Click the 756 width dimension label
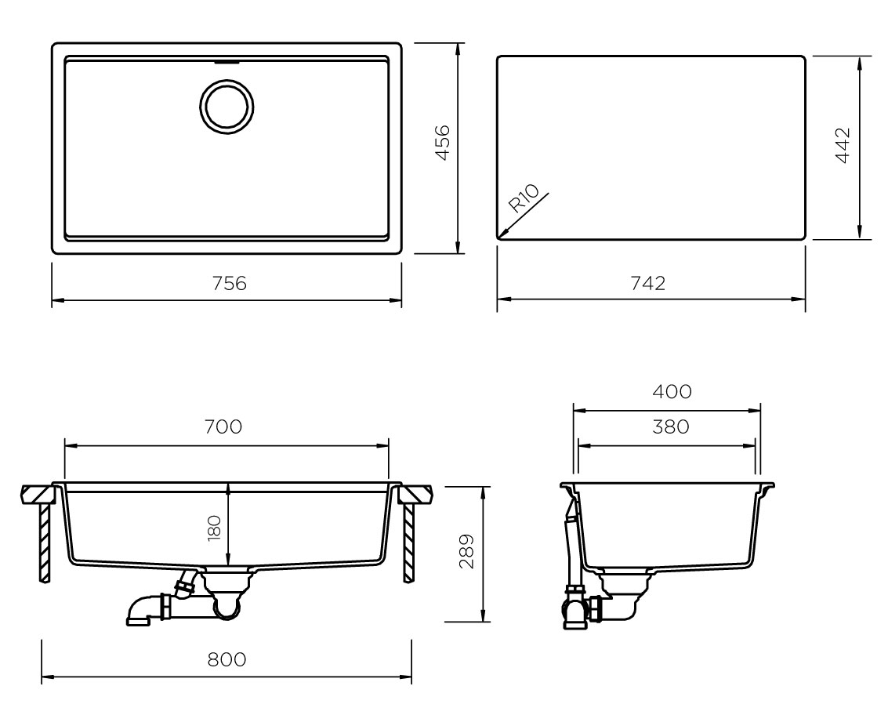pyautogui.click(x=230, y=283)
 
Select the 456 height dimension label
pyautogui.click(x=442, y=142)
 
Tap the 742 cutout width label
pyautogui.click(x=648, y=283)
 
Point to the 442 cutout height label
pyautogui.click(x=843, y=145)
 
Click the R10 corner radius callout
pyautogui.click(x=524, y=198)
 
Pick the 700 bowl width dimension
pyautogui.click(x=223, y=426)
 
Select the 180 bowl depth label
pyautogui.click(x=214, y=528)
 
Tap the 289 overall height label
pyautogui.click(x=466, y=550)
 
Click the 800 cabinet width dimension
pyautogui.click(x=227, y=659)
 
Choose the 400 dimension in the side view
pyautogui.click(x=672, y=391)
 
